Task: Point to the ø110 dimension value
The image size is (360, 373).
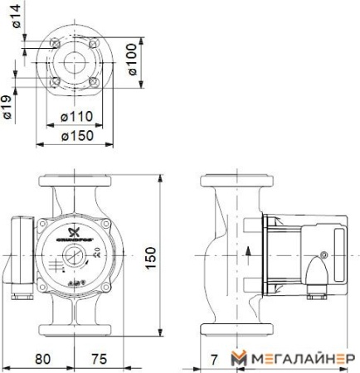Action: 75,115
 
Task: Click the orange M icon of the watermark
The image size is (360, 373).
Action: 240,358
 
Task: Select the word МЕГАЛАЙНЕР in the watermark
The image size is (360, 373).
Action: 302,358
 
